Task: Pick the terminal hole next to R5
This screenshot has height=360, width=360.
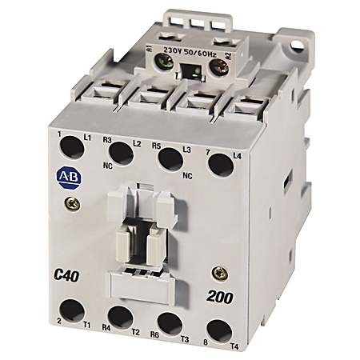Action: click(169, 158)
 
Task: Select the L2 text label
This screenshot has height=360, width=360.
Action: click(138, 143)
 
